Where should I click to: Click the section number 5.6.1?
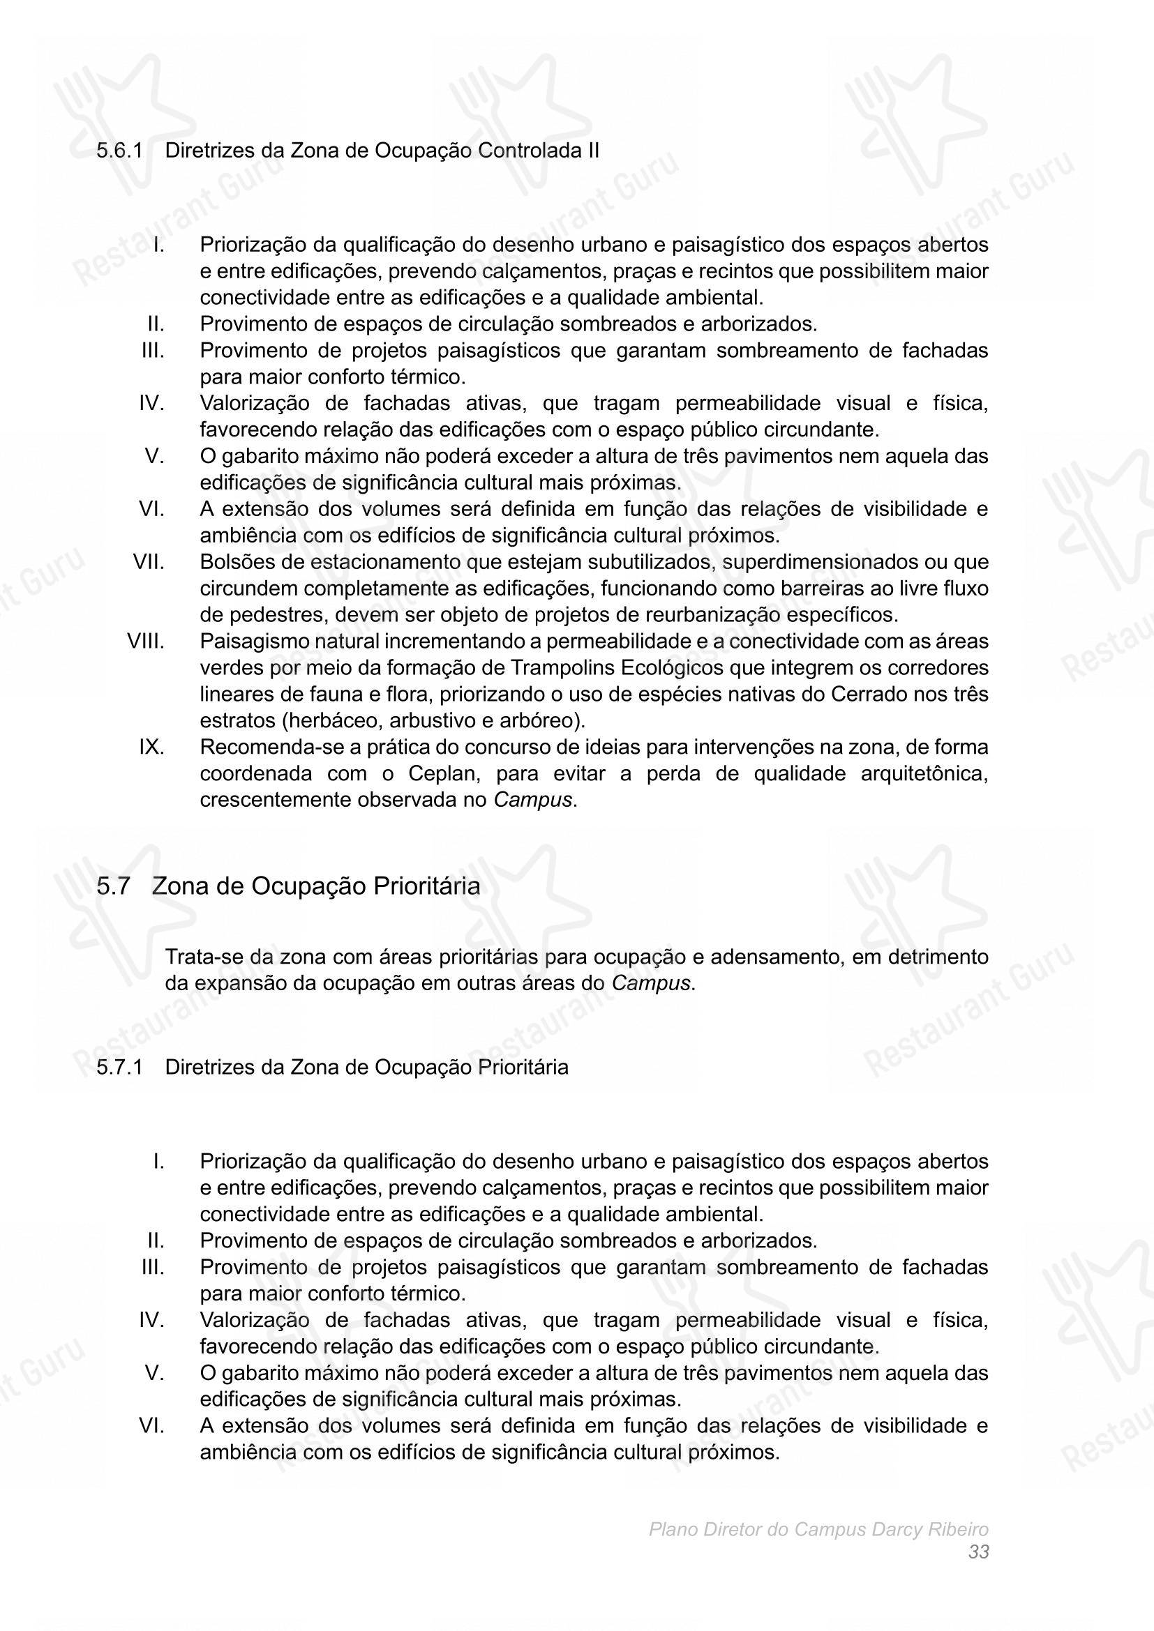119,151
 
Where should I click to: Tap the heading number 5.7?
114,886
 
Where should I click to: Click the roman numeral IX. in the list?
151,748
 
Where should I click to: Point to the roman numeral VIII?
146,642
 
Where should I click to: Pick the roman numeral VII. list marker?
149,562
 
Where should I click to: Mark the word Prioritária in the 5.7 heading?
426,886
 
